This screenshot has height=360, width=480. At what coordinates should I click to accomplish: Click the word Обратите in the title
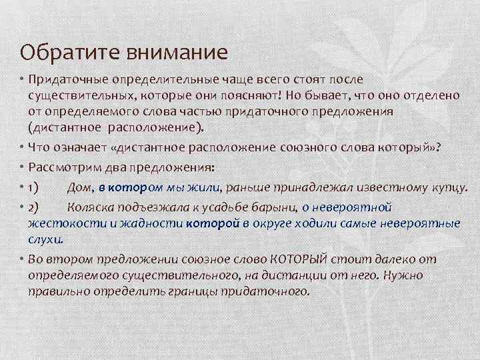click(58, 51)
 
